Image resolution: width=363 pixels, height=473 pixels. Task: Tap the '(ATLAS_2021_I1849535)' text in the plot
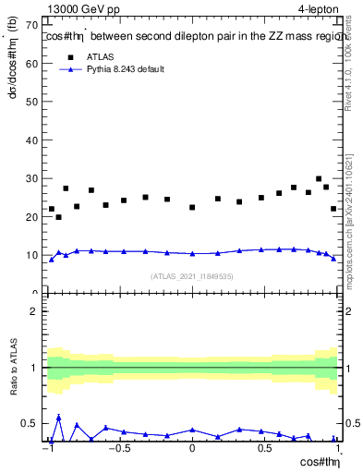click(x=192, y=276)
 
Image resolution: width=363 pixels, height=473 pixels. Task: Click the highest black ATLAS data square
click(x=319, y=179)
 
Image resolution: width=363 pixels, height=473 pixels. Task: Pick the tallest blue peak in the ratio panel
click(x=59, y=418)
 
